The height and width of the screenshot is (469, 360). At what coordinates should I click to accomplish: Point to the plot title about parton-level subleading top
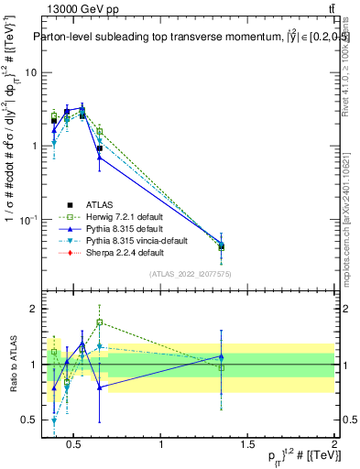(183, 38)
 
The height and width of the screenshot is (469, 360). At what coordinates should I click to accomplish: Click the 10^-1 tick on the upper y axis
(27, 220)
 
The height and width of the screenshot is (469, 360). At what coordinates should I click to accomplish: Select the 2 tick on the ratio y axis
(33, 309)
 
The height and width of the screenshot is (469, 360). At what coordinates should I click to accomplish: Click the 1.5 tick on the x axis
(247, 445)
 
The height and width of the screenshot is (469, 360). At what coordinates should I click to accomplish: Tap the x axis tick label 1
(161, 445)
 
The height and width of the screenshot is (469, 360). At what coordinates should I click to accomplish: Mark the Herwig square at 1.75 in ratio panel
(99, 322)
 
